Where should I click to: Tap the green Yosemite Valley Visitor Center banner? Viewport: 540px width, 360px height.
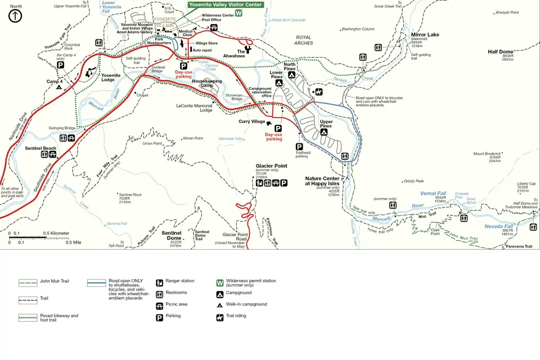pos(226,4)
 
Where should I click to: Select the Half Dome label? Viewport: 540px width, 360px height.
pos(500,52)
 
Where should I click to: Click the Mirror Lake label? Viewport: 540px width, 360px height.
pos(425,35)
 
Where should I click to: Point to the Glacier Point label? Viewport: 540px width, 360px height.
pos(272,166)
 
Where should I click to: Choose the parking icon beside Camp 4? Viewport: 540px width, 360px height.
pos(60,65)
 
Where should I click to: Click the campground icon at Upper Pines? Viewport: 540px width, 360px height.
pos(324,132)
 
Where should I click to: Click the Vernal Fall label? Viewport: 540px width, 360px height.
pos(433,193)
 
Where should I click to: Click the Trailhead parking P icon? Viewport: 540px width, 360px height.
pos(300,146)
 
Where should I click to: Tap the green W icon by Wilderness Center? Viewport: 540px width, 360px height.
pos(239,13)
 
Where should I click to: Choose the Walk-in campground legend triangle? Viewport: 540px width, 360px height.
pos(220,305)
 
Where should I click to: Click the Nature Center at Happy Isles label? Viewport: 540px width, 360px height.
pos(330,181)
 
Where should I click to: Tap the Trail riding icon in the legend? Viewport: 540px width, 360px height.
pos(220,317)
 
